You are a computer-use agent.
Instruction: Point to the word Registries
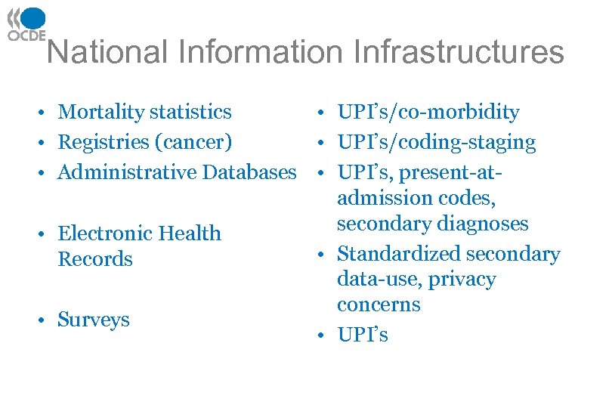[x=101, y=142]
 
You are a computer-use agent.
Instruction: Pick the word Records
[x=95, y=259]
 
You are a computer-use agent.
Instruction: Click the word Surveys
[x=94, y=320]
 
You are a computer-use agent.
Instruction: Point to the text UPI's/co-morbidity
[x=428, y=113]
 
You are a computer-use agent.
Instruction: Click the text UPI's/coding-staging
[x=437, y=142]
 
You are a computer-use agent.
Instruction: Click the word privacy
[x=462, y=280]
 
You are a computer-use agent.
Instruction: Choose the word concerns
[x=379, y=304]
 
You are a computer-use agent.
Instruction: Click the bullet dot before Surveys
[x=47, y=320]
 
